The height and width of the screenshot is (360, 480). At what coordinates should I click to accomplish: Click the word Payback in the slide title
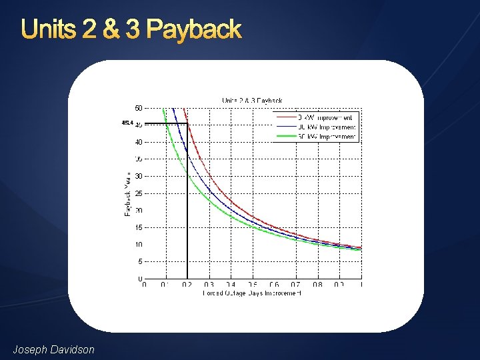193,30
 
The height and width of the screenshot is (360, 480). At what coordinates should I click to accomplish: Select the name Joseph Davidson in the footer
54,349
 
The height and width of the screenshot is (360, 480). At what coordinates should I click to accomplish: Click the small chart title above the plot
252,101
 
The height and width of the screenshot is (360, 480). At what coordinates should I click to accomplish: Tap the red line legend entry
317,117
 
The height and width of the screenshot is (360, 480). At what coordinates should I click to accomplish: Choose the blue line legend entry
317,127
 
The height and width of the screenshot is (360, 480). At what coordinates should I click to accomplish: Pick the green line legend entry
317,137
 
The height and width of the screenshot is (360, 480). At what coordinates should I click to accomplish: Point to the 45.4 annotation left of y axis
127,123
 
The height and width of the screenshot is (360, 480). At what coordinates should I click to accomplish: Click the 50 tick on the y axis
137,108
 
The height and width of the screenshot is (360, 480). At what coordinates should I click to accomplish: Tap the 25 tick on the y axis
137,193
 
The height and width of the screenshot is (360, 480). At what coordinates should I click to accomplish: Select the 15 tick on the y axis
137,228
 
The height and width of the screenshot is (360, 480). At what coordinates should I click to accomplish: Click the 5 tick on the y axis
139,262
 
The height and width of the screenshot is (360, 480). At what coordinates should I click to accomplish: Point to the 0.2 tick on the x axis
187,285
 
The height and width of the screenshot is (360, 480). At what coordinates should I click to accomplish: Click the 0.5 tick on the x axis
252,285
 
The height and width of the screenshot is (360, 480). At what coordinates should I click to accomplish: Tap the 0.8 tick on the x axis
317,285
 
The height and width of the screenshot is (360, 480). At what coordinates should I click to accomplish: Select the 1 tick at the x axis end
361,285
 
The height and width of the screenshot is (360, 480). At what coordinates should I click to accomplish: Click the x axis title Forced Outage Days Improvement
252,293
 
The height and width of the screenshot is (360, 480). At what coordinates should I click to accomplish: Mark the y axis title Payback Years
127,193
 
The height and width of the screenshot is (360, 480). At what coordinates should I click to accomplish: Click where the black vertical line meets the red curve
187,124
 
